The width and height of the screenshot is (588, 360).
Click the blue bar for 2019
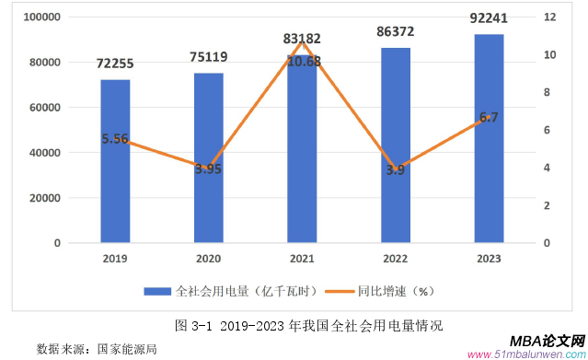tap(115, 193)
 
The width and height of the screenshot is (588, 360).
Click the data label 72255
tap(115, 64)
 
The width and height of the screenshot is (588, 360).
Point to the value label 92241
tap(489, 17)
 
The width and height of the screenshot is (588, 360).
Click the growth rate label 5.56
tap(115, 139)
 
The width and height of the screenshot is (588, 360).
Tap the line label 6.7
tap(489, 117)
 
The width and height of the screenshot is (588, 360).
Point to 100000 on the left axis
tap(41, 17)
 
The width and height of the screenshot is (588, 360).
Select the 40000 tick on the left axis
tap(44, 153)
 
